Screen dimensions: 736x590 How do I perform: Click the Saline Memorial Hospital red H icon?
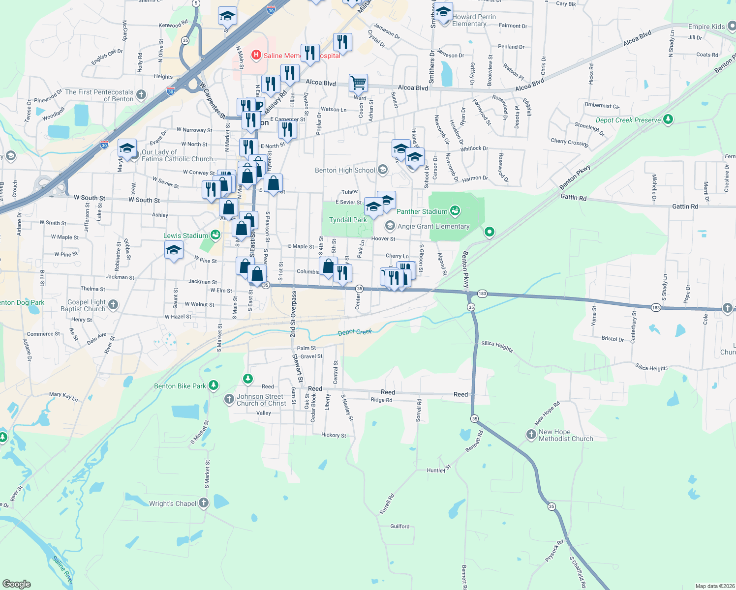[x=256, y=55]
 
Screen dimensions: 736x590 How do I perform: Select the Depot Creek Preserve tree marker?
[x=668, y=119]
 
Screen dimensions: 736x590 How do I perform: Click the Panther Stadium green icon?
[x=455, y=211]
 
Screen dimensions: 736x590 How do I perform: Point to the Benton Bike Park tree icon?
[x=213, y=385]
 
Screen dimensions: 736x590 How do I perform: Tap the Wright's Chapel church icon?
[x=204, y=503]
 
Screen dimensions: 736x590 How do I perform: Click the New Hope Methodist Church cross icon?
[x=531, y=434]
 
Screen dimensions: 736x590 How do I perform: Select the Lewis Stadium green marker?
[x=215, y=235]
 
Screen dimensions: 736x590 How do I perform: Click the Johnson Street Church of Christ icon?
[x=229, y=399]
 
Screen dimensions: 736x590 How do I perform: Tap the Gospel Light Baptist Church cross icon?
[x=113, y=305]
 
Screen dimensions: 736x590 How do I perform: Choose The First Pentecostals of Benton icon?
[x=141, y=94]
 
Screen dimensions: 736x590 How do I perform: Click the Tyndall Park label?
[x=348, y=220]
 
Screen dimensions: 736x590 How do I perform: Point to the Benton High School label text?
[x=345, y=170]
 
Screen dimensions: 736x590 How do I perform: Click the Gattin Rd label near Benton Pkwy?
[x=574, y=197]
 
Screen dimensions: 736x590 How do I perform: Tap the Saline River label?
[x=62, y=570]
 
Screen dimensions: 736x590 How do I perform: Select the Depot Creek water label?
[x=355, y=332]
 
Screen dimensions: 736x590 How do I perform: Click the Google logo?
[x=16, y=584]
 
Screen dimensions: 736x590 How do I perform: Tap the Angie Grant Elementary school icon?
[x=390, y=226]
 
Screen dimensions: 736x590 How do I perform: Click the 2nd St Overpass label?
[x=293, y=314]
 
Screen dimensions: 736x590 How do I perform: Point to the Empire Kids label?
[x=706, y=27]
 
